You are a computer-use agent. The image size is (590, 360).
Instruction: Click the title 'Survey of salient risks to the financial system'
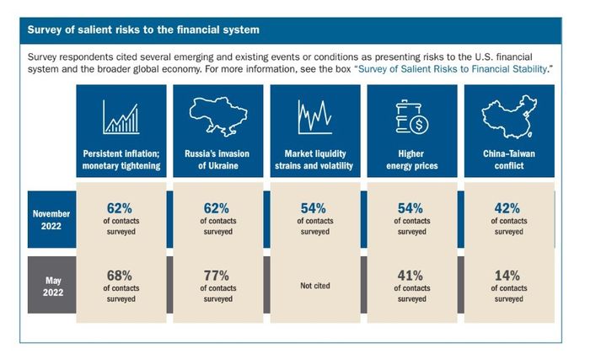[143, 30]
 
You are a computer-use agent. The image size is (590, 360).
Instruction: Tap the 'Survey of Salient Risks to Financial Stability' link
[453, 69]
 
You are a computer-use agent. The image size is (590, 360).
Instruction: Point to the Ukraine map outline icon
[218, 116]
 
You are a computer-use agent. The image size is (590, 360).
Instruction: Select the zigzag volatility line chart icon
[315, 117]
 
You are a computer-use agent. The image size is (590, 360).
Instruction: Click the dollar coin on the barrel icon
[419, 124]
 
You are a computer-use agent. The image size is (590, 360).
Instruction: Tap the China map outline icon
[509, 116]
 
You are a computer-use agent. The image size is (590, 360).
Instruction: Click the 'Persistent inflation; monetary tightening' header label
[121, 159]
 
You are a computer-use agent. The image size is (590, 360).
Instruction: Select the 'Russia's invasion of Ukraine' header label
[217, 159]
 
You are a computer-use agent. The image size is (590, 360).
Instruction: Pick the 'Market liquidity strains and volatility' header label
[314, 159]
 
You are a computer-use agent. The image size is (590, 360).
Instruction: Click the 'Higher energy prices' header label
[411, 159]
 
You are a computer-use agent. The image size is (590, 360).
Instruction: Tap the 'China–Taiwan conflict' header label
[509, 159]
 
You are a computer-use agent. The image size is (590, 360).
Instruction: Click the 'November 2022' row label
[51, 219]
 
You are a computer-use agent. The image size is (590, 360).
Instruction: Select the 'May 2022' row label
[52, 286]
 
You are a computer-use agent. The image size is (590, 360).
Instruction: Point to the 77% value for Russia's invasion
[217, 276]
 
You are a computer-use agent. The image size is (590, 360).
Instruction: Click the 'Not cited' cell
[315, 286]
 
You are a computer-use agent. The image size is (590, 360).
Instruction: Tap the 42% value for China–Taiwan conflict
[507, 208]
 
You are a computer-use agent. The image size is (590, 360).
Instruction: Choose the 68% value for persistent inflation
[120, 276]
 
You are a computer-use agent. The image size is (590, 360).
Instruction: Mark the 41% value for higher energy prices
[410, 276]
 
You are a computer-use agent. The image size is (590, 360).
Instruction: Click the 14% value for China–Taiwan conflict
[507, 276]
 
